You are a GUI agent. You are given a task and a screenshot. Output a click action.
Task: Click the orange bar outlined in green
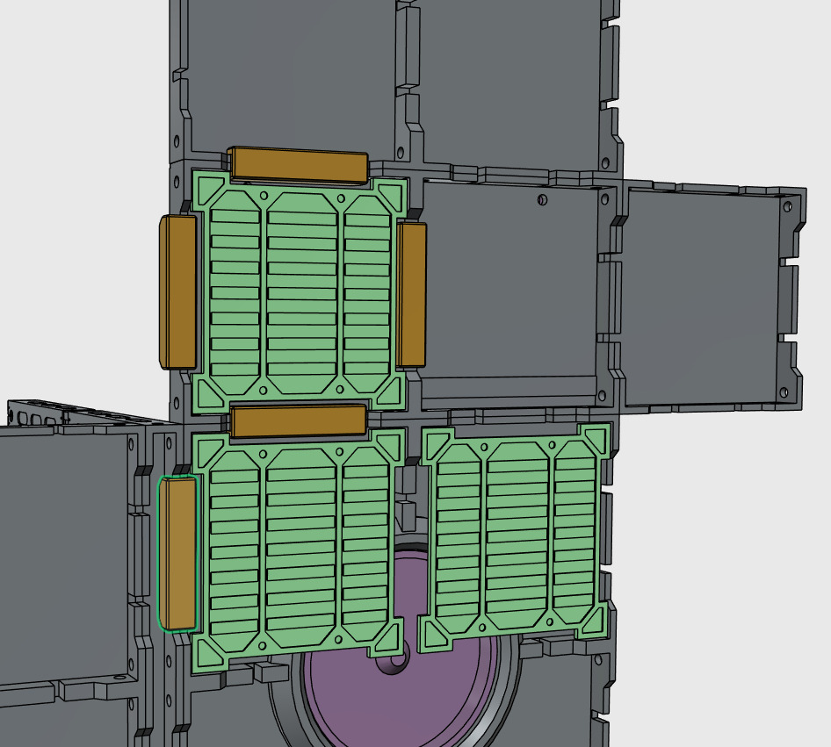coord(178,553)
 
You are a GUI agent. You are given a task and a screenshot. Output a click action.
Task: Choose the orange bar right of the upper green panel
coord(411,294)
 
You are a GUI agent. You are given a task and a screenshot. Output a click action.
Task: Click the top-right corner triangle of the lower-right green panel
coord(595,438)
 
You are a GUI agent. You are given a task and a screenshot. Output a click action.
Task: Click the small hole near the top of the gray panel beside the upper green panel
coord(542,200)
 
